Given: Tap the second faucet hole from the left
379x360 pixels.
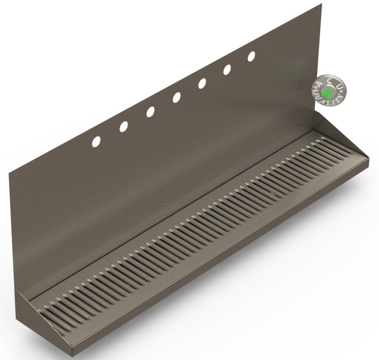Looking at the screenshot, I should click(124, 126).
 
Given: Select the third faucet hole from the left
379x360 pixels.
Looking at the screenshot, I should click(150, 112).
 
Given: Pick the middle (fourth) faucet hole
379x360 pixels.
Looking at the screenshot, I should click(176, 97).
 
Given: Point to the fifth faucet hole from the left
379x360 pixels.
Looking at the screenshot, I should click(202, 83).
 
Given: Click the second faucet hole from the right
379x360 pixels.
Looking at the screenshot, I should click(227, 69).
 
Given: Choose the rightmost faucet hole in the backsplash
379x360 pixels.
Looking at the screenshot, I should click(252, 56).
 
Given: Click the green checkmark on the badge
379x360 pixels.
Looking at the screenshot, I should click(327, 94).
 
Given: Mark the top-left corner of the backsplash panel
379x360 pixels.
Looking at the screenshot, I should click(10, 171).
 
